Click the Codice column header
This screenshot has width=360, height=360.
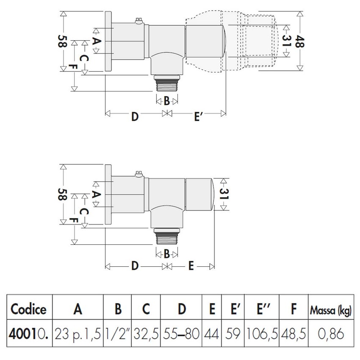tap(28, 309)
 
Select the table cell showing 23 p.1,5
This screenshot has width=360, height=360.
tap(78, 334)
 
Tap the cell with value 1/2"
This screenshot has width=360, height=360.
tap(118, 334)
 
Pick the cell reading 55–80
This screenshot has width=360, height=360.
tap(181, 334)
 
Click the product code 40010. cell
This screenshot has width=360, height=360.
tap(28, 334)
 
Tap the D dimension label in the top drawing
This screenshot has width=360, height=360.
tap(135, 116)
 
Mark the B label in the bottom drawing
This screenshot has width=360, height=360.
tap(167, 254)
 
